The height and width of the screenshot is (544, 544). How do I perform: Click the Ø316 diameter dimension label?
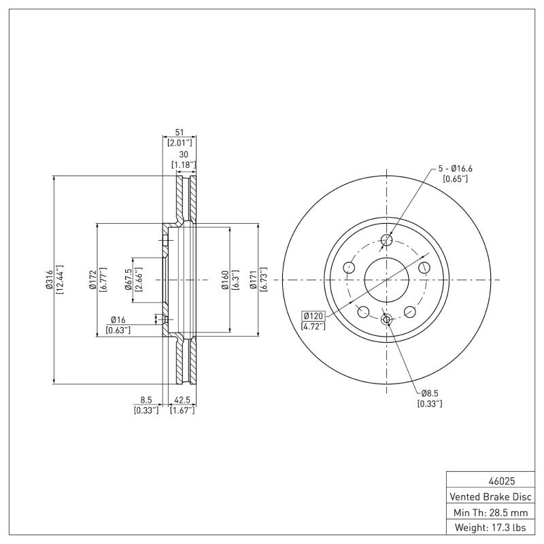coord(49,279)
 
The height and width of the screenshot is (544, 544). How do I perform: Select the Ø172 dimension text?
coord(92,279)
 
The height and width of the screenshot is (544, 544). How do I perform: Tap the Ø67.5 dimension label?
coord(128,279)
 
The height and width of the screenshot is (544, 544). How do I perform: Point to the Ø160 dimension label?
coord(224,279)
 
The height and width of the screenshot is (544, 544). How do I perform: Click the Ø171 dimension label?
coord(254,279)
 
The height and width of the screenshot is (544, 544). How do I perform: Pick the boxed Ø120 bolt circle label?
coord(313,316)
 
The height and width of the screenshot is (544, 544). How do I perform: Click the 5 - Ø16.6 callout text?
coord(455,168)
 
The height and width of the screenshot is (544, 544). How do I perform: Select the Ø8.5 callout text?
coord(430,393)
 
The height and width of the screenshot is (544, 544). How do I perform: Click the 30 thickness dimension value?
coord(183,154)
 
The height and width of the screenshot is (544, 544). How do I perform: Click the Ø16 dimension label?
coord(118,320)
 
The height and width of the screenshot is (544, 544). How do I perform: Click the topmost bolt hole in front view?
coord(387,239)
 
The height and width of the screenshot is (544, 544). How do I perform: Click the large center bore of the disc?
coord(386,279)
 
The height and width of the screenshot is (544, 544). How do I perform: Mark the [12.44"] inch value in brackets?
coord(60,279)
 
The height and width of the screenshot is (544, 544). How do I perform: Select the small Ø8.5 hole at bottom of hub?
coord(386,320)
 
